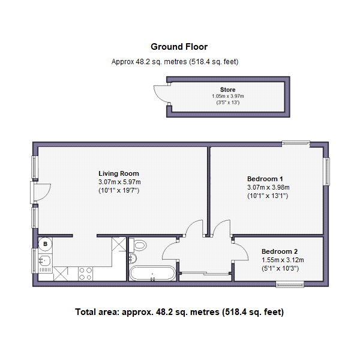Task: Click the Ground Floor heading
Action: [179, 47]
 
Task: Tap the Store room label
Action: [228, 89]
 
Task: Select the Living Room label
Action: [119, 173]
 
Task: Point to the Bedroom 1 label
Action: [265, 179]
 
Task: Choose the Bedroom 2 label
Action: [280, 251]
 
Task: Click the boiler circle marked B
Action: [45, 244]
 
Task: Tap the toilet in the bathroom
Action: [138, 245]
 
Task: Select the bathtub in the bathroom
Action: [152, 273]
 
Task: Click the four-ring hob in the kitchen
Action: [85, 274]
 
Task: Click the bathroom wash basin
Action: [133, 258]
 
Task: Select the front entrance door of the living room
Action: [41, 193]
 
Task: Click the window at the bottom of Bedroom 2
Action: [290, 284]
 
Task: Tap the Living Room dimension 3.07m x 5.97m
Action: [119, 182]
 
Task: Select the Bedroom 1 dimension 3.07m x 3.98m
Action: [268, 187]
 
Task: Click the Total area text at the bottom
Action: [179, 312]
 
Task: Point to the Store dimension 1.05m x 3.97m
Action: [228, 96]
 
